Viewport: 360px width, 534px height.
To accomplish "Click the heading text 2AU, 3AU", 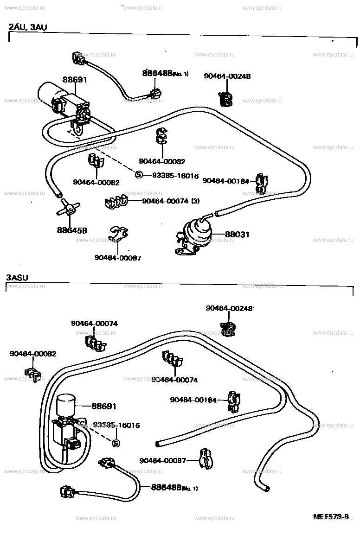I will [x=28, y=27].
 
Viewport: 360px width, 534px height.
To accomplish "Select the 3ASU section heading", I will [x=18, y=278].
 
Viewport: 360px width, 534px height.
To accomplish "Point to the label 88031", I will [x=238, y=235].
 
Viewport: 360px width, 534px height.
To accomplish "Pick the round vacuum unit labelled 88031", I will [x=198, y=230].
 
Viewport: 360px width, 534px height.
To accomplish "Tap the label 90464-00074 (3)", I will [x=170, y=201].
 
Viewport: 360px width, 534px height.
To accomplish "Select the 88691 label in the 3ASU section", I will [x=103, y=406].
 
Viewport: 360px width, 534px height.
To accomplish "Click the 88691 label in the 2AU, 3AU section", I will [x=75, y=80].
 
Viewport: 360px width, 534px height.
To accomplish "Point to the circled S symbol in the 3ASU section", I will [x=116, y=443].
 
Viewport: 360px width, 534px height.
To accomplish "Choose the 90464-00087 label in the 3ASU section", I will [x=162, y=460].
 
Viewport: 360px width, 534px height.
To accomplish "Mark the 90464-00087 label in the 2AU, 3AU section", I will [x=118, y=258].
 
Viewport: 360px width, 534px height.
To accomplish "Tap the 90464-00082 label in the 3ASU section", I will [x=33, y=354].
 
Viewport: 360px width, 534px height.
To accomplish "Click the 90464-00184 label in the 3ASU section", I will [x=193, y=400].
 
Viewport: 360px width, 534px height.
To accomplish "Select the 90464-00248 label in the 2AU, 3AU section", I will [x=227, y=76].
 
